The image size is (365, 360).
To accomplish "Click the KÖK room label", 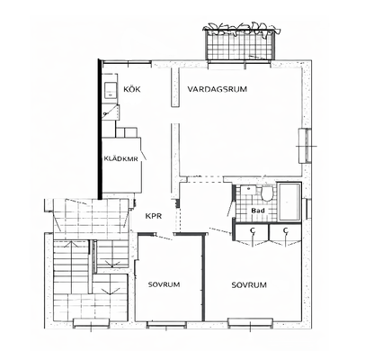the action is pyautogui.click(x=132, y=89).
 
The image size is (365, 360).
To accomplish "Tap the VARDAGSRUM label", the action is pyautogui.click(x=218, y=89).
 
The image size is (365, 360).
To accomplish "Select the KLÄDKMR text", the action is pyautogui.click(x=121, y=158).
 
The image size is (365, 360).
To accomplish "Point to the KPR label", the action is pyautogui.click(x=154, y=216).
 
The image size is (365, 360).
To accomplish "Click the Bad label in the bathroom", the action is pyautogui.click(x=258, y=211).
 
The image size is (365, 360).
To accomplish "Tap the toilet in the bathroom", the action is pyautogui.click(x=266, y=193).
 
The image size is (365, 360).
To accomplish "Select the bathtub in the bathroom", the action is pyautogui.click(x=289, y=202).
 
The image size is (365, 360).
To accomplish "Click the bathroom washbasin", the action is pyautogui.click(x=247, y=190).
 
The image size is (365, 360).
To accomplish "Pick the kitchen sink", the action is pyautogui.click(x=111, y=90).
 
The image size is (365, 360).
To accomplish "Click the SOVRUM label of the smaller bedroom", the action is pyautogui.click(x=165, y=284).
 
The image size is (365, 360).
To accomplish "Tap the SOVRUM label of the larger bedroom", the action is pyautogui.click(x=249, y=284).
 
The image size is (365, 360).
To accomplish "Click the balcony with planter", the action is pyautogui.click(x=240, y=42).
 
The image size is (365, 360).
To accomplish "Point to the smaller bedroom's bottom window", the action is pyautogui.click(x=166, y=324).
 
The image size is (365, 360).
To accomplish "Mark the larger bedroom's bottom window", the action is pyautogui.click(x=251, y=322).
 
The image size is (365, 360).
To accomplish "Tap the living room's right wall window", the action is pyautogui.click(x=305, y=146).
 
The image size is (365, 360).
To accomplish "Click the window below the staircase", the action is pyautogui.click(x=92, y=323).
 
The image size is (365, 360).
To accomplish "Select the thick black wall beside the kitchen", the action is pyautogui.click(x=100, y=129).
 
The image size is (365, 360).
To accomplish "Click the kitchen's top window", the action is pyautogui.click(x=127, y=63).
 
